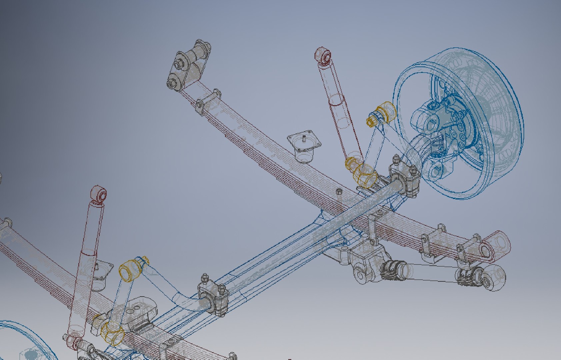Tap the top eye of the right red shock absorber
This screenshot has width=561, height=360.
point(323,55)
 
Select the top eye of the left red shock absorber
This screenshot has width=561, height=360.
point(98,195)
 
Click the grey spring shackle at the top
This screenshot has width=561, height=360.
point(189,65)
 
